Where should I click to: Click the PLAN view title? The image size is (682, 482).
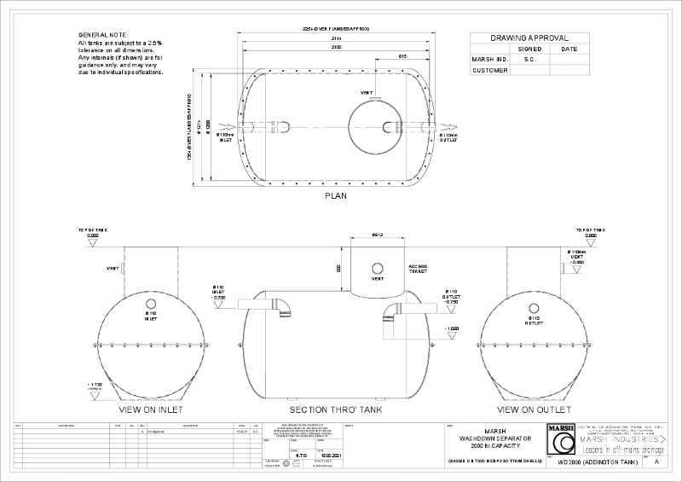point(335,195)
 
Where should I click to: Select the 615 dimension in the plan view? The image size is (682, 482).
point(402,56)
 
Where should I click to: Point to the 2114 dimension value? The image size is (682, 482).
point(338,38)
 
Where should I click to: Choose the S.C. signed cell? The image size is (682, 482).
point(529,60)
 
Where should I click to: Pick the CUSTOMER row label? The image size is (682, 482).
point(489,70)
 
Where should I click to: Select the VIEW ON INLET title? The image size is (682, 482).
point(151,409)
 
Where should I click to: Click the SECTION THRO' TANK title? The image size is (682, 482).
point(335,409)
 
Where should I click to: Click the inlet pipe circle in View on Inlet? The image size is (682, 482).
point(151,304)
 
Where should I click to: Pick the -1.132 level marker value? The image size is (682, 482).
point(95,385)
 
